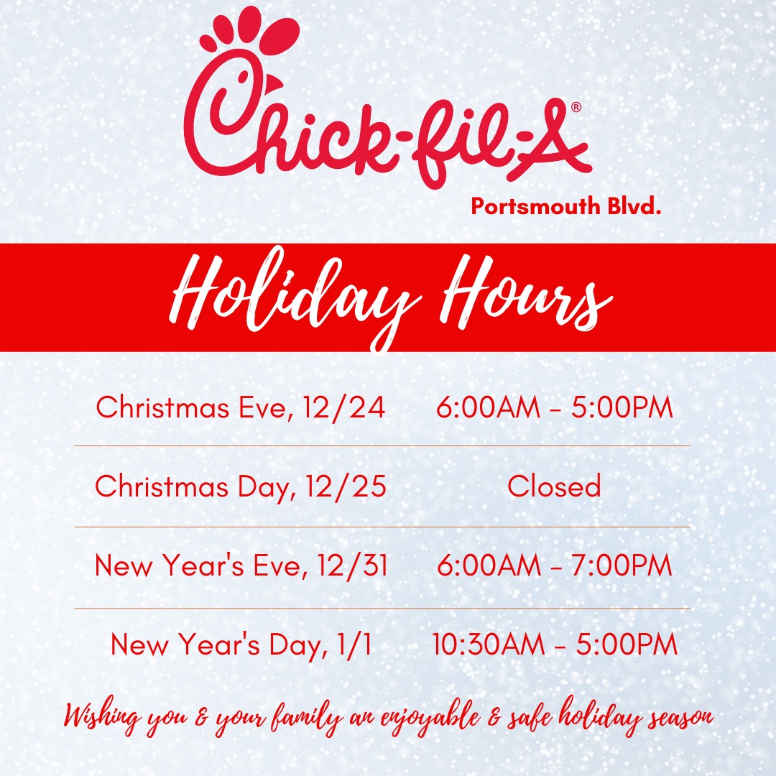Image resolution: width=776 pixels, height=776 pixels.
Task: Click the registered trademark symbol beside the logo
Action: coord(576,107)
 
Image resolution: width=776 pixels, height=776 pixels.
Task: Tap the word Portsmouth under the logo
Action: coord(535,206)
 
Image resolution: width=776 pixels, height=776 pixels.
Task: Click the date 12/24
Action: coord(344,408)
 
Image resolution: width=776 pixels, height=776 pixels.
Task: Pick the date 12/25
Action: coord(346,486)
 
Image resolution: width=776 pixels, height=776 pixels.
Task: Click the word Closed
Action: coord(554,486)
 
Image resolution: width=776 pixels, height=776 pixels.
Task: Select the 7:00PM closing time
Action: coord(622,565)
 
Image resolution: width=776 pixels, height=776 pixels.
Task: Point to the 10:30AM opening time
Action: coord(489,644)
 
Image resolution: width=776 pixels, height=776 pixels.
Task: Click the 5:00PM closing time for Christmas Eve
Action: coord(622,407)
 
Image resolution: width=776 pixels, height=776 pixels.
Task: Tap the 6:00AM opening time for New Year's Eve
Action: coord(489,565)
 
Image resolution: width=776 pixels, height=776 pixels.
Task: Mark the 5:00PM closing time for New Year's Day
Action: coord(627,644)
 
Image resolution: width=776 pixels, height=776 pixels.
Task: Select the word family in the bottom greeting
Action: coord(308,717)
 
